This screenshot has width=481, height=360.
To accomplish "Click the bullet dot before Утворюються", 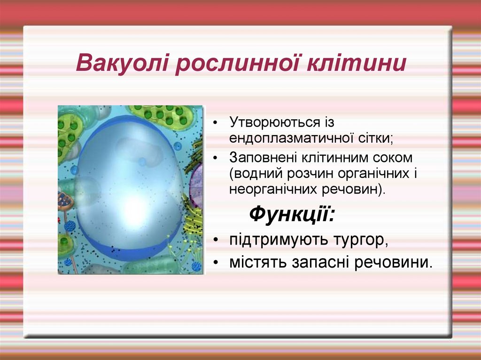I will (x=216, y=123).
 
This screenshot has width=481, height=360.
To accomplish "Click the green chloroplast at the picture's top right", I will (x=164, y=116).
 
